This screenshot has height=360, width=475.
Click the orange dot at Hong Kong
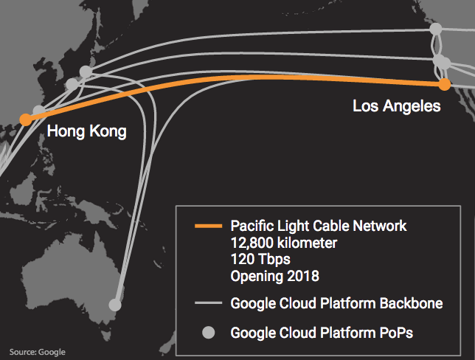(26, 119)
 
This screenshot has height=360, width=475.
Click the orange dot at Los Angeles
(444, 85)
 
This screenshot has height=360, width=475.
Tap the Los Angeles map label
(396, 107)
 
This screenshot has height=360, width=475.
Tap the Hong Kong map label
(86, 132)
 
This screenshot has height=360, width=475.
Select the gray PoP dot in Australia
(115, 304)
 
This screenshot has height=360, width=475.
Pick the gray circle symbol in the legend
(208, 333)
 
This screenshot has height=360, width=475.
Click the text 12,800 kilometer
(284, 242)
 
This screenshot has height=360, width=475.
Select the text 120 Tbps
(259, 260)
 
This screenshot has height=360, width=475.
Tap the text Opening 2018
(274, 277)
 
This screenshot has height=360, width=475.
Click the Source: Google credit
(38, 352)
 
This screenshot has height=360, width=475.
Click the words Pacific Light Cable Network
(318, 225)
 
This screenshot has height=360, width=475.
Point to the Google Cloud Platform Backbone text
(336, 303)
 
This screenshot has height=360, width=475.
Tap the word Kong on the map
(108, 132)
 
